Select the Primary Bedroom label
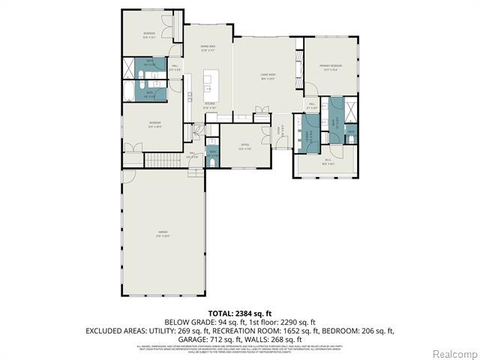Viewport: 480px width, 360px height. tap(331, 67)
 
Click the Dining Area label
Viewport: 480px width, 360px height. tap(208, 49)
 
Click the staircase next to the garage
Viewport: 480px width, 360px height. tap(159, 160)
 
